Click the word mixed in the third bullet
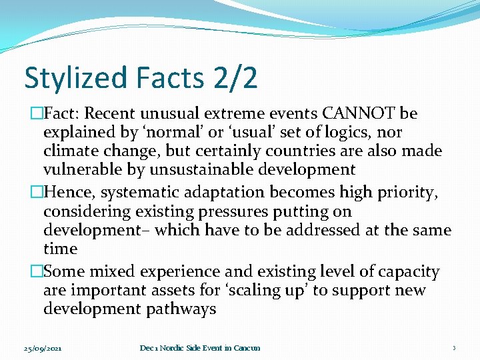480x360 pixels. pyautogui.click(x=119, y=272)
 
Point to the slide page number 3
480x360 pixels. pyautogui.click(x=453, y=348)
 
